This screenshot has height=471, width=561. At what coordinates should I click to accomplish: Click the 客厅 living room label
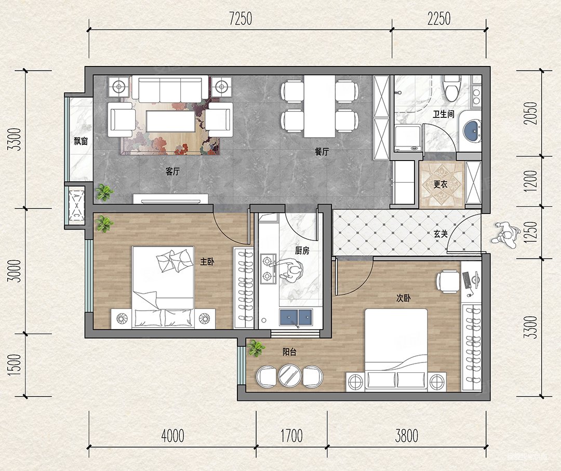pos(172,172)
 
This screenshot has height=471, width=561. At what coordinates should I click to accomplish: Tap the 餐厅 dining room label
pos(322,152)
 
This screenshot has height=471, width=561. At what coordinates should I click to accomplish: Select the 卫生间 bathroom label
pos(444,114)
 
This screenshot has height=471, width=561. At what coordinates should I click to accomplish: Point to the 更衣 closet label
pos(440,184)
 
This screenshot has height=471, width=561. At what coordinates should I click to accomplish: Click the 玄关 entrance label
pos(441,234)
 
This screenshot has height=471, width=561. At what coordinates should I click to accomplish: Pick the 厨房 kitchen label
pos(302,251)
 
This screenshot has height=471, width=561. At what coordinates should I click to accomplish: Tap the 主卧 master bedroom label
pos(207,262)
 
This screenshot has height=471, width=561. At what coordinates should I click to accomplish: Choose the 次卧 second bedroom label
pos(403,298)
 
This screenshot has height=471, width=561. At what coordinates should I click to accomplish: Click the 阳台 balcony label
pos(289,352)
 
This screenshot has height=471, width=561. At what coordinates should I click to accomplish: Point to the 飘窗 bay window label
pos(81,141)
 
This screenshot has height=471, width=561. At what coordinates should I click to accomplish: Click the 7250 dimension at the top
pos(241,19)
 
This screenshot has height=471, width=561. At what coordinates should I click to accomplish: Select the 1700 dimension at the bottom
pos(291,436)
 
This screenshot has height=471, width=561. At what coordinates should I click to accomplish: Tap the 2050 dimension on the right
pos(530,113)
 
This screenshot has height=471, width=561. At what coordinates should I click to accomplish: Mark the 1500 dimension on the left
pos(15,365)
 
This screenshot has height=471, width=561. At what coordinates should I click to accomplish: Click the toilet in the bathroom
pos(451,88)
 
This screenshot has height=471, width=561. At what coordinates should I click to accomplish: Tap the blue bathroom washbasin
pos(472,131)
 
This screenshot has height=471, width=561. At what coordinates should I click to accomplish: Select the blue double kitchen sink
pos(296,317)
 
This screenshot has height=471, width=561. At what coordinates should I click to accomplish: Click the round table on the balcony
pos(290,376)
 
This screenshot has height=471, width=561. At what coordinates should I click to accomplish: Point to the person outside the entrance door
pos(505,235)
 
